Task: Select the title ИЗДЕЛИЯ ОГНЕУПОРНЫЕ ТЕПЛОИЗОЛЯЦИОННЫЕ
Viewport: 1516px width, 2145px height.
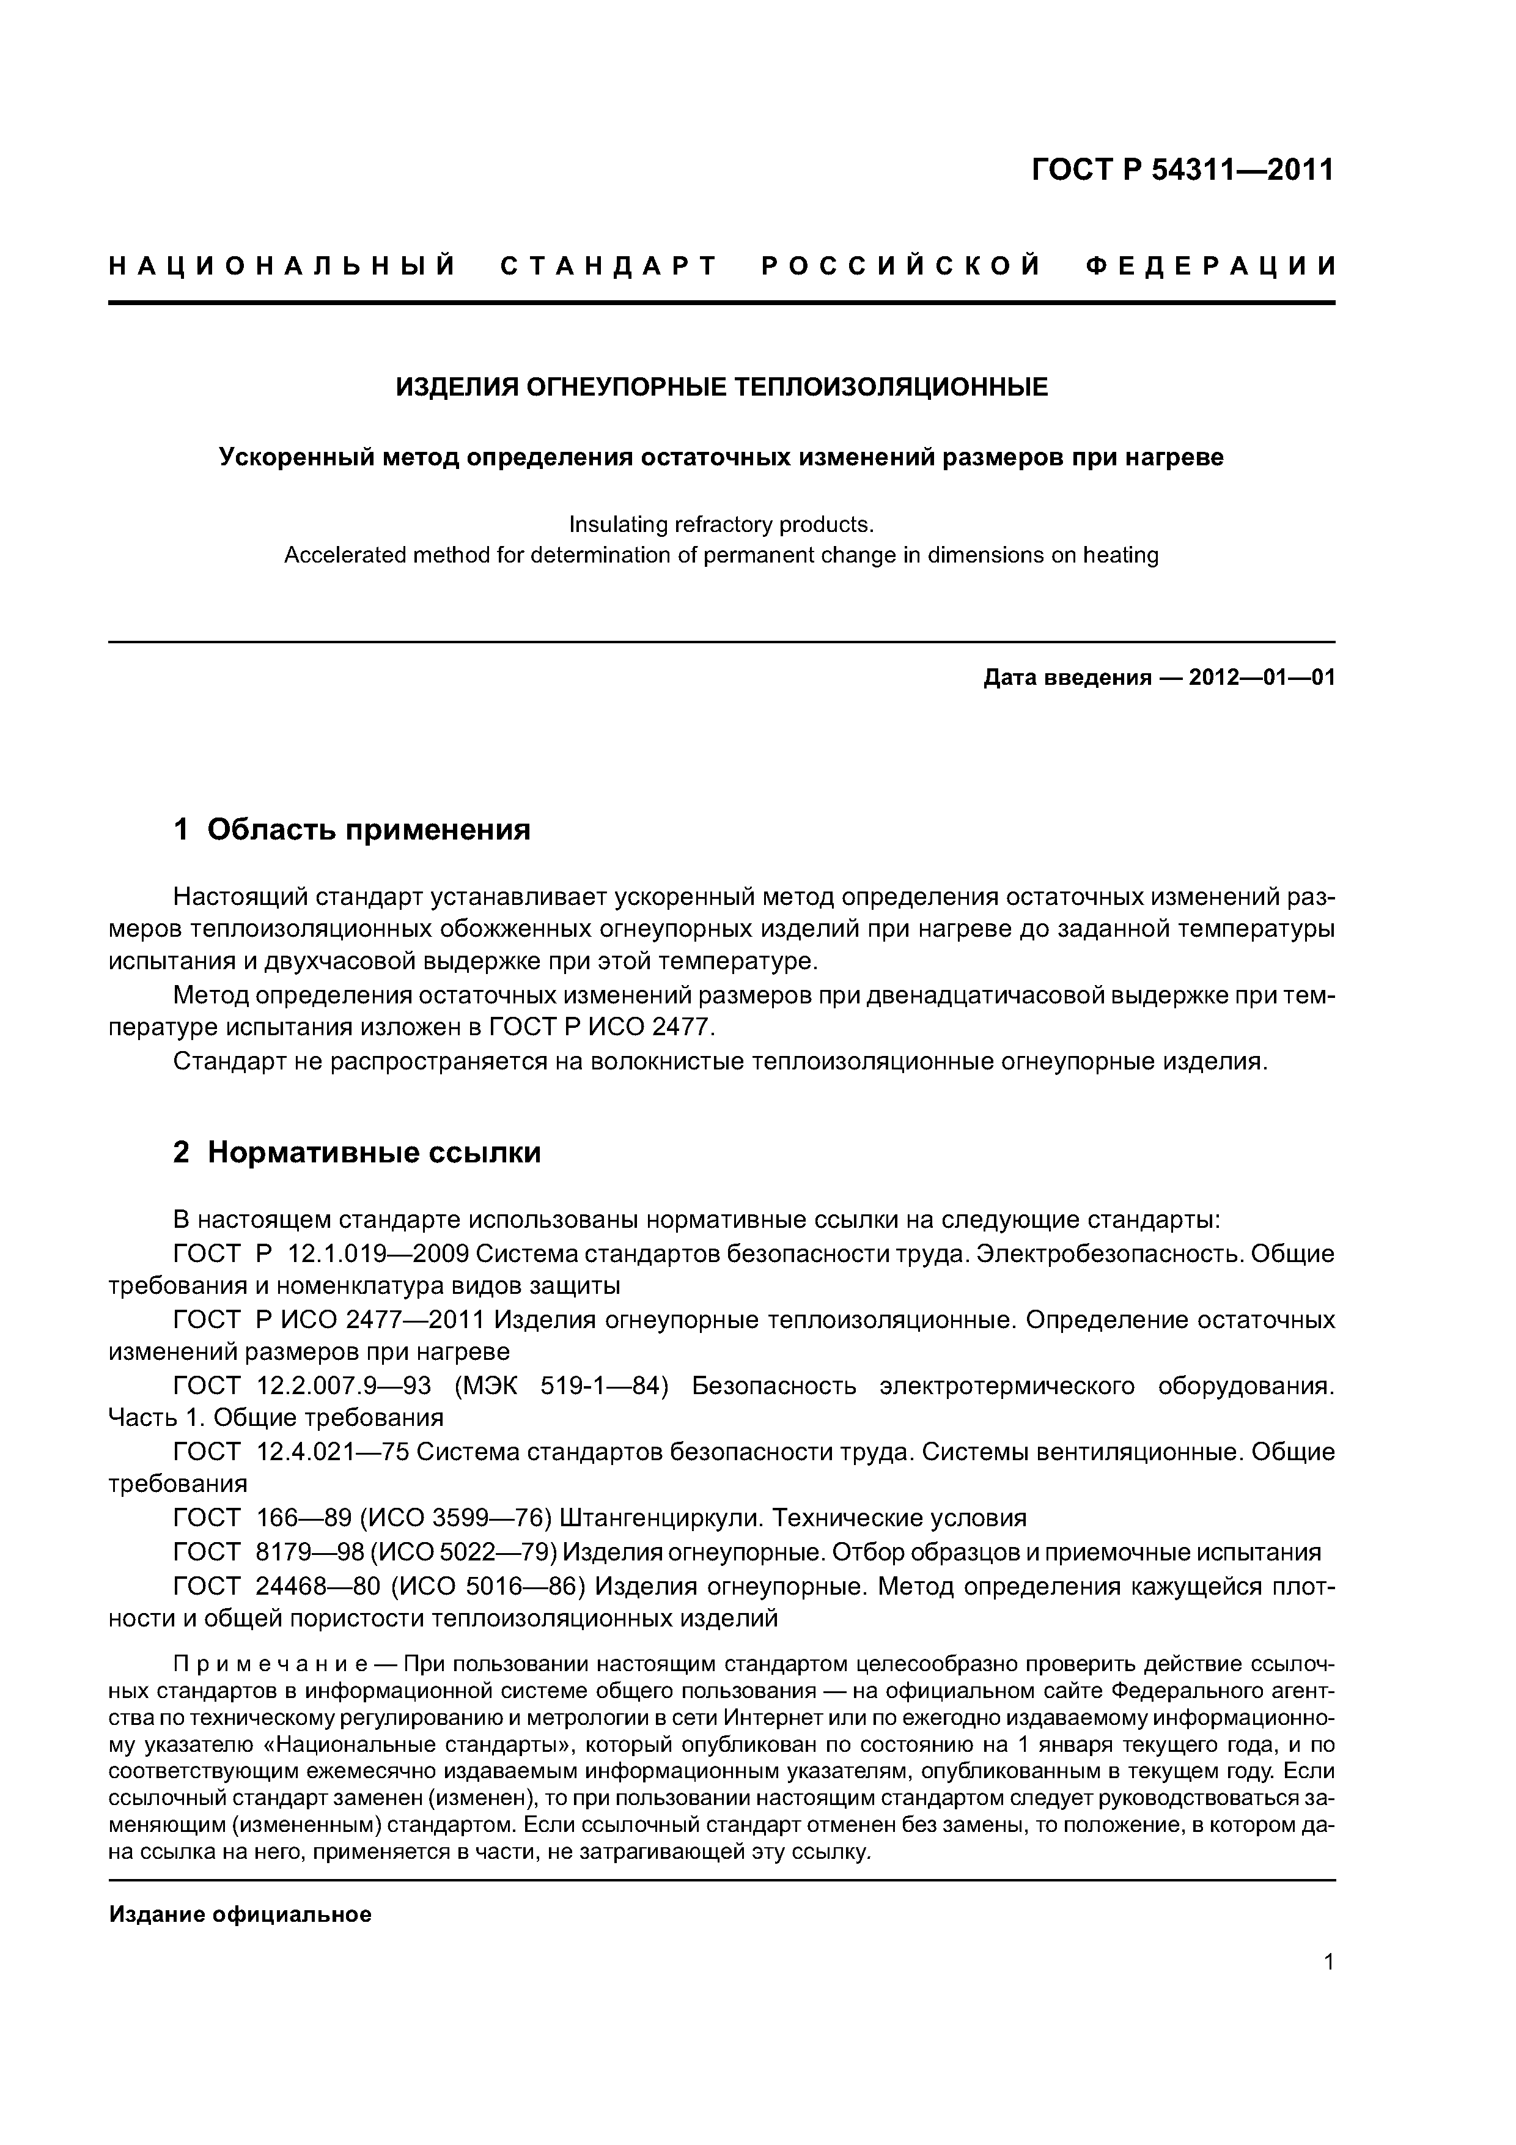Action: pos(721,387)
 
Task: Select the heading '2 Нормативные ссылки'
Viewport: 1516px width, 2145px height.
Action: pos(357,1153)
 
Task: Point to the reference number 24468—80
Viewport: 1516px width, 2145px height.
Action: pos(312,1586)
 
